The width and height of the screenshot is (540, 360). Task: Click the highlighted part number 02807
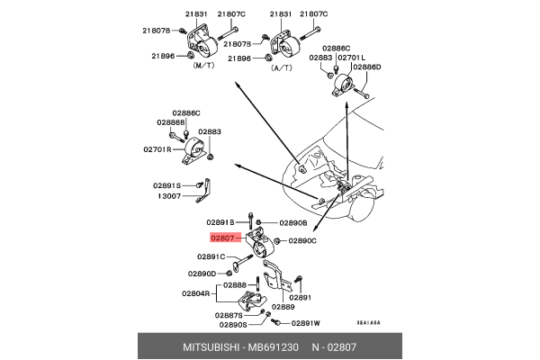click(222, 238)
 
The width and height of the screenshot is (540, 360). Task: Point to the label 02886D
click(367, 67)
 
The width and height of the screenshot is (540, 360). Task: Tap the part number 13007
click(170, 194)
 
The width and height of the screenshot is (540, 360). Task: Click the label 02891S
click(167, 184)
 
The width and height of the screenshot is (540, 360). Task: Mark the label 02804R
click(195, 293)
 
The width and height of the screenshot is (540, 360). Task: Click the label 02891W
click(305, 322)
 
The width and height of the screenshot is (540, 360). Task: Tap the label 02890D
click(202, 274)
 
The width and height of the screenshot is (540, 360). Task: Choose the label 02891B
click(220, 222)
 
